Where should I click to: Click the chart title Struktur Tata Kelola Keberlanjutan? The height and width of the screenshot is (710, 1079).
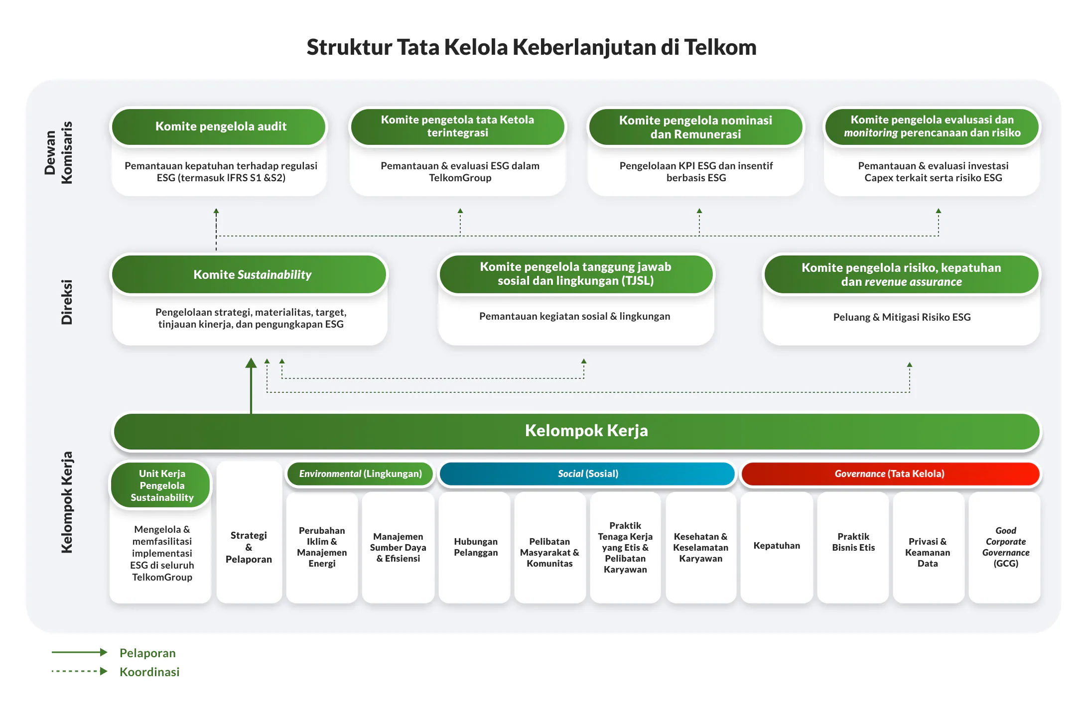(x=531, y=47)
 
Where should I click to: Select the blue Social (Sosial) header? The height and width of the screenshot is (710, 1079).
(x=587, y=473)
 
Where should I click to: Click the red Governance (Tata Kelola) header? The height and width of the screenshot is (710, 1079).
(x=890, y=473)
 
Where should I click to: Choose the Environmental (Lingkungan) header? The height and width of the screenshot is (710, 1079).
(x=360, y=473)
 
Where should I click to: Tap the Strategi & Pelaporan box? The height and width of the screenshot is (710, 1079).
(x=249, y=547)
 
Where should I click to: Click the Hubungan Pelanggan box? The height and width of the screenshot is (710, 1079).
(x=475, y=547)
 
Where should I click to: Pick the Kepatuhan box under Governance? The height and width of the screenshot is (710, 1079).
(x=776, y=546)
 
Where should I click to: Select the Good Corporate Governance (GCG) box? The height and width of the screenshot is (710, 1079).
(x=1005, y=547)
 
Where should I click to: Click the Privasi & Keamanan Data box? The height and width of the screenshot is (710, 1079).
(x=928, y=552)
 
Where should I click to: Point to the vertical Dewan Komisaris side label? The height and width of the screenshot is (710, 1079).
(x=58, y=153)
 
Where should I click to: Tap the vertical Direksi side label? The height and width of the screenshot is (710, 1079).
(x=66, y=302)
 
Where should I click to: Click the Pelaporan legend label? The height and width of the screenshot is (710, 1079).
(x=147, y=653)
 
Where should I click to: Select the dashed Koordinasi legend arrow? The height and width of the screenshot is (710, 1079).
(x=80, y=671)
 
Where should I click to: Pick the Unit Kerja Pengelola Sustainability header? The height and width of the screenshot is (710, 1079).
(x=161, y=485)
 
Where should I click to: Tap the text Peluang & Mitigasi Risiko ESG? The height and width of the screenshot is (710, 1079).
(x=901, y=317)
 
